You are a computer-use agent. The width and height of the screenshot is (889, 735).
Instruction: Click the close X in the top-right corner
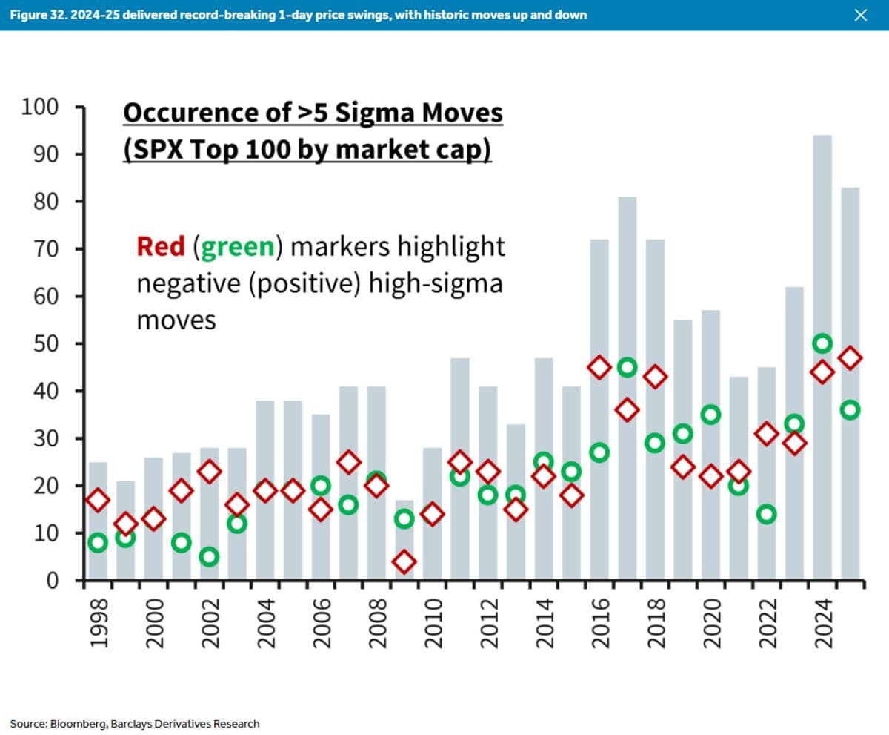click(860, 15)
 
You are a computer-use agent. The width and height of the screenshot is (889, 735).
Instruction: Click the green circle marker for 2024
click(822, 343)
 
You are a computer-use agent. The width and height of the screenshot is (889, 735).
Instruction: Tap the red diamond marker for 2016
click(599, 367)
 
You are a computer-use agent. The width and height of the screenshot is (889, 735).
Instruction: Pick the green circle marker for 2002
click(209, 556)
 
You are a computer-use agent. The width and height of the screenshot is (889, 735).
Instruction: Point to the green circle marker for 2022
click(767, 514)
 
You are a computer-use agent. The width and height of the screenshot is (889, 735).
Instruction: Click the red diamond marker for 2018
click(655, 377)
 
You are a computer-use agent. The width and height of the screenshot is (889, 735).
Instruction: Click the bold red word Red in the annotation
click(160, 246)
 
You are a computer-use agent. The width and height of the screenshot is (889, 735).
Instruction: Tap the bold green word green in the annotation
click(238, 246)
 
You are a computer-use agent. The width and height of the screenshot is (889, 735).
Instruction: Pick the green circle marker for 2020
click(711, 415)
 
